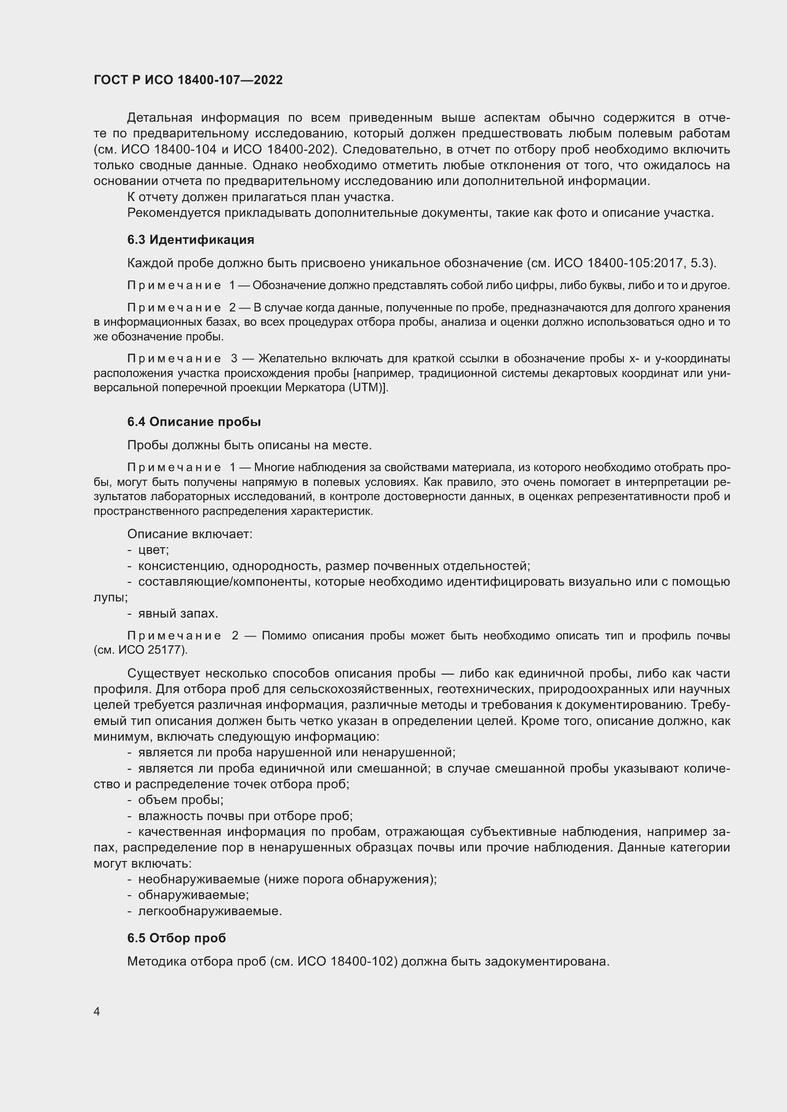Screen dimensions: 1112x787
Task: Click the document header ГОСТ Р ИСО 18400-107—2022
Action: [x=188, y=80]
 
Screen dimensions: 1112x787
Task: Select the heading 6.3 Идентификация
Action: [x=190, y=240]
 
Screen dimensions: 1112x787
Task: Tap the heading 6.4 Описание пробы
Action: [x=194, y=422]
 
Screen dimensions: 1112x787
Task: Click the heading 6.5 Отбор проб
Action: [x=177, y=938]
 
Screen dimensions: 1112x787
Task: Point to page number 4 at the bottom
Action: [x=97, y=1012]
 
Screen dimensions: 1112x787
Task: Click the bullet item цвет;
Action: [x=153, y=550]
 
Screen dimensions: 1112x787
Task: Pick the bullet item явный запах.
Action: [x=178, y=613]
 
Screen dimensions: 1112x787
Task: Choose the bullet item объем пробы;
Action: [x=181, y=800]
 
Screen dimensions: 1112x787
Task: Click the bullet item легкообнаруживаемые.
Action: [x=210, y=911]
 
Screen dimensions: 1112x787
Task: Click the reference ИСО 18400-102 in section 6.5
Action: [x=347, y=961]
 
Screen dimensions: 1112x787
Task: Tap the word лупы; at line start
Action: [x=110, y=597]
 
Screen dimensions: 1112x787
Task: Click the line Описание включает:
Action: [x=189, y=534]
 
